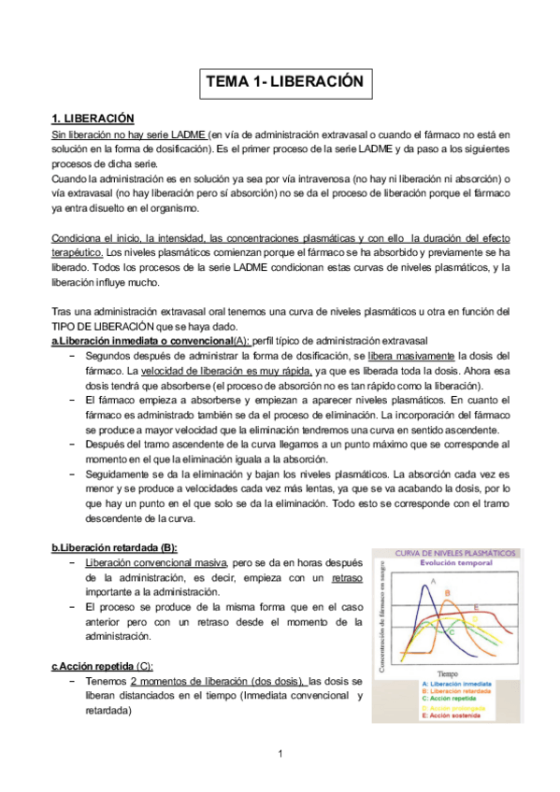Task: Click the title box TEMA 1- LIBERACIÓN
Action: pos(283,82)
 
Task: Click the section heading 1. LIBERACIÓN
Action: pos(93,119)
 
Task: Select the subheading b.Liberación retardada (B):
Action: pos(114,547)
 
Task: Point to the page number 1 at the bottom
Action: pos(280,753)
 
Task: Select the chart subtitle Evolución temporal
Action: pos(445,566)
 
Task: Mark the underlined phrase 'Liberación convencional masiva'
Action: pos(155,564)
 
